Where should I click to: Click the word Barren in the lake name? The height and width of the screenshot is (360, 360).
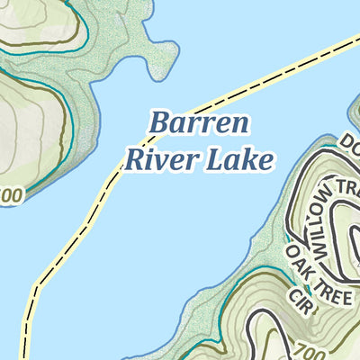click(x=200, y=124)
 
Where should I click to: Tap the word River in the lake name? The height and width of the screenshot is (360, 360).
click(x=155, y=160)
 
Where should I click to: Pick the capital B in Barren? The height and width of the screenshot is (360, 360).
click(x=160, y=123)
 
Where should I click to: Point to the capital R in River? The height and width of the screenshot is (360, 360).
click(x=134, y=160)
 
